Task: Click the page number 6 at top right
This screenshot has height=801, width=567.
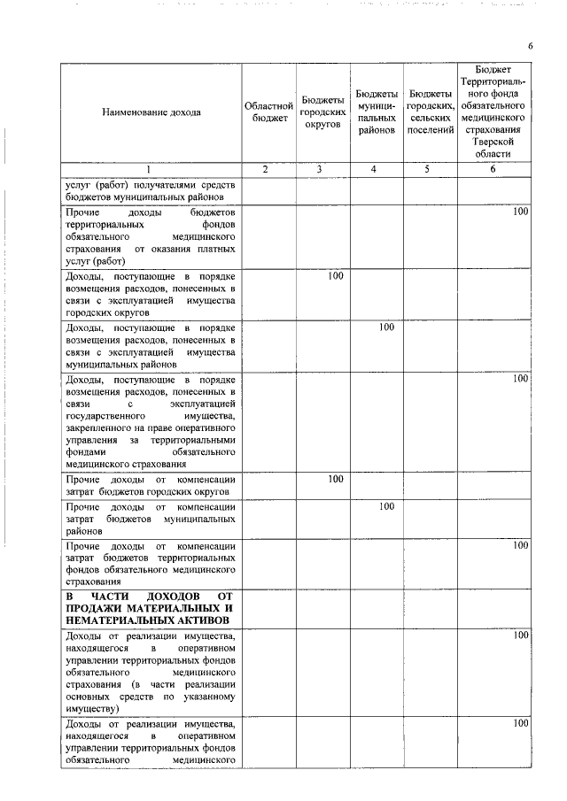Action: pos(530,46)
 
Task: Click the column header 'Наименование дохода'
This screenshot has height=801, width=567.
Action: pos(151,112)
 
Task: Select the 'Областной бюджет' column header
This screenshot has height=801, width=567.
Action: pos(268,112)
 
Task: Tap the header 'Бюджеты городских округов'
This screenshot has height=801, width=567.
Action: pos(322,112)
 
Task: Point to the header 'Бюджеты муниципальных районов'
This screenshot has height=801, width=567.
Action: pos(377,112)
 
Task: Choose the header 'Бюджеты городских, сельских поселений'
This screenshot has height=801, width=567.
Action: pos(430,112)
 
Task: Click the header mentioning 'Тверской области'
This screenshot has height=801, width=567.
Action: pos(494,147)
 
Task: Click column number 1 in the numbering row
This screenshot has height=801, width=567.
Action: pos(149,169)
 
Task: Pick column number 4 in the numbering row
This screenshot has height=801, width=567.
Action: pos(376,169)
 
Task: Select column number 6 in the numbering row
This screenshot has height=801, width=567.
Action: pos(493,169)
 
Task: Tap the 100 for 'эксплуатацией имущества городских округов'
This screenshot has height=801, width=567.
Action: pos(335,277)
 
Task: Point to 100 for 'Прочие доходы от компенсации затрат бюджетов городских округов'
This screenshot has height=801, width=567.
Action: pos(335,479)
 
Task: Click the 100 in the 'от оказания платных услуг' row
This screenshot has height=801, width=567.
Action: pos(520,212)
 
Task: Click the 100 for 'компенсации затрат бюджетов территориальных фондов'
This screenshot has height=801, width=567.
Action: pos(520,545)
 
